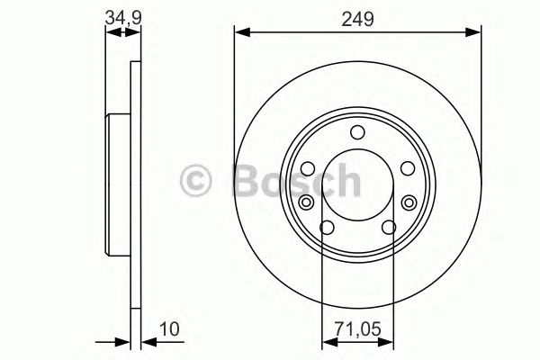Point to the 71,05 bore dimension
357,330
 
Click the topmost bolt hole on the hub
357,133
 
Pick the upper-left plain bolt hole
307,168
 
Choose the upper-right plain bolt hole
406,168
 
